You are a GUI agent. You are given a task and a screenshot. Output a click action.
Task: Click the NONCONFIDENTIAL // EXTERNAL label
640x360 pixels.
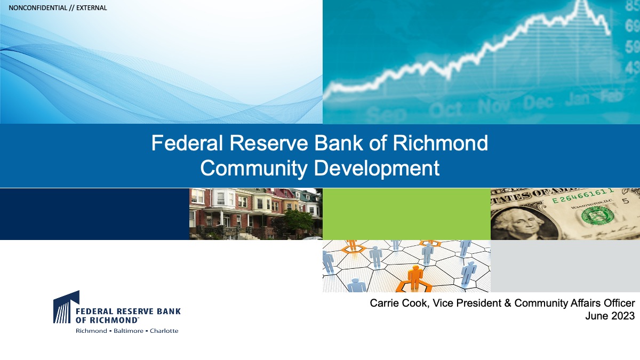tap(58, 8)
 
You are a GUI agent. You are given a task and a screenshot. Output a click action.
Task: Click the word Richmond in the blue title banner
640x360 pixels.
tap(441, 143)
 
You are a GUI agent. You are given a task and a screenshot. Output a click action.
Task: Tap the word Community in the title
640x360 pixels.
tap(254, 169)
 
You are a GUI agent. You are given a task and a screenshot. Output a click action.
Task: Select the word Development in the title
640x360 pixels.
tap(377, 169)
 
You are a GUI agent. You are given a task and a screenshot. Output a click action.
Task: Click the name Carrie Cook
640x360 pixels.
tap(398, 303)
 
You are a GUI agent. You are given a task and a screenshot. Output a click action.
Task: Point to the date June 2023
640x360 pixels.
tap(610, 316)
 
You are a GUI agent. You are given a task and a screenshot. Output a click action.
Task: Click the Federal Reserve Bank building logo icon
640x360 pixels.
tap(66, 307)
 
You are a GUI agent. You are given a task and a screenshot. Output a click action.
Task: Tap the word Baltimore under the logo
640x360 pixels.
tap(129, 331)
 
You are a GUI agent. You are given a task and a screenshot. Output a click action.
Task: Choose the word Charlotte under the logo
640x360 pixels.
tap(164, 331)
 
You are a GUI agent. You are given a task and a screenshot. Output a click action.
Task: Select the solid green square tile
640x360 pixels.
tap(406, 214)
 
